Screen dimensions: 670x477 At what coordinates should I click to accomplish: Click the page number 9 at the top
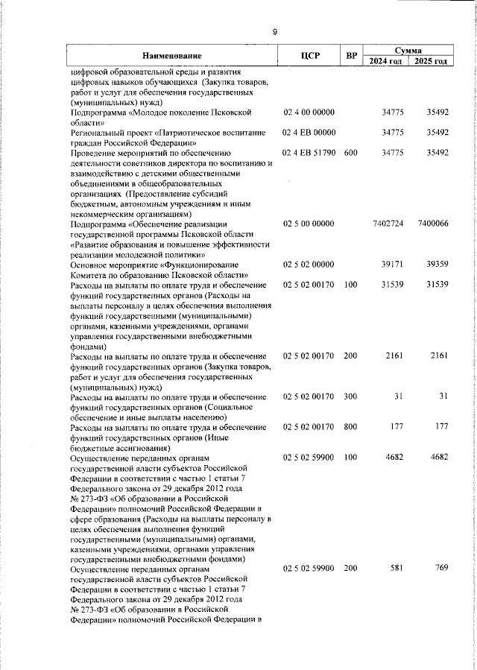[274, 31]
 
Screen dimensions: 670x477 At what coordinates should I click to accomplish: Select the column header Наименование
[172, 56]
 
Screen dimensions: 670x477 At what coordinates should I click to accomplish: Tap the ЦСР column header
[309, 56]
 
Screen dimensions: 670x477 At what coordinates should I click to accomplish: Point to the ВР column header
[351, 56]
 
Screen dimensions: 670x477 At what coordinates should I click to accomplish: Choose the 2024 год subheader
[388, 61]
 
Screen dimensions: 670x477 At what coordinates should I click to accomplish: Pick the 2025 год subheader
[431, 61]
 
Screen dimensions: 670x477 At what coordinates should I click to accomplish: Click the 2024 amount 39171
[392, 265]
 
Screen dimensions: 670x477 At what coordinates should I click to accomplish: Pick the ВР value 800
[351, 427]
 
